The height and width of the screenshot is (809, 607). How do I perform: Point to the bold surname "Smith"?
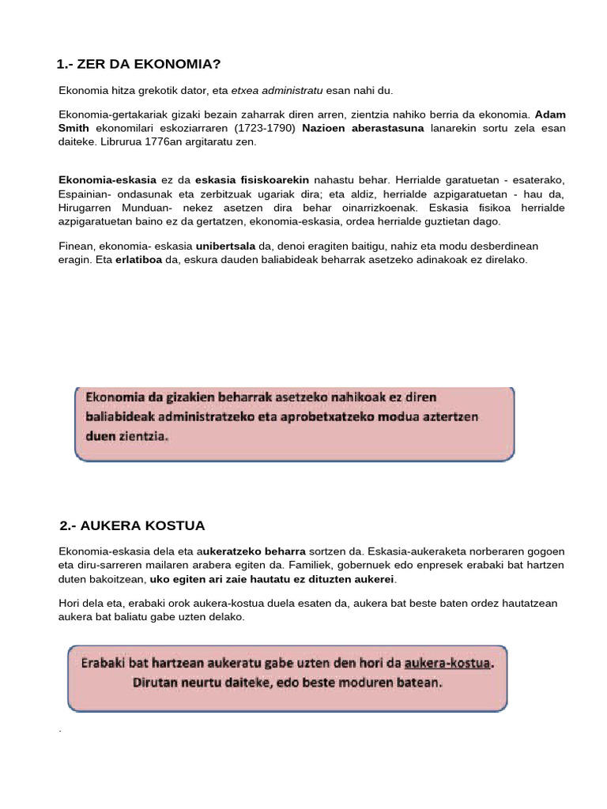click(76, 128)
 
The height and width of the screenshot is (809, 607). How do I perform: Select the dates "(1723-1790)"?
click(265, 128)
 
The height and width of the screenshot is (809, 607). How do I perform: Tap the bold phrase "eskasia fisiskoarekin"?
click(251, 181)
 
